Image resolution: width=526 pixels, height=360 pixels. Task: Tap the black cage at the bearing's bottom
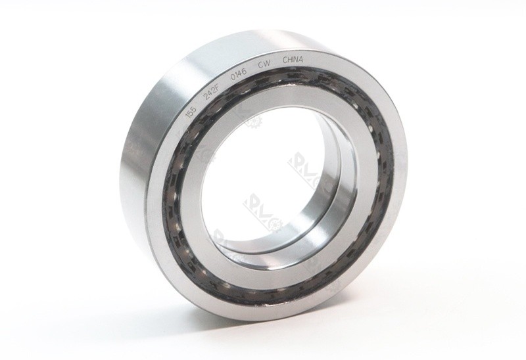pos(263,290)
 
